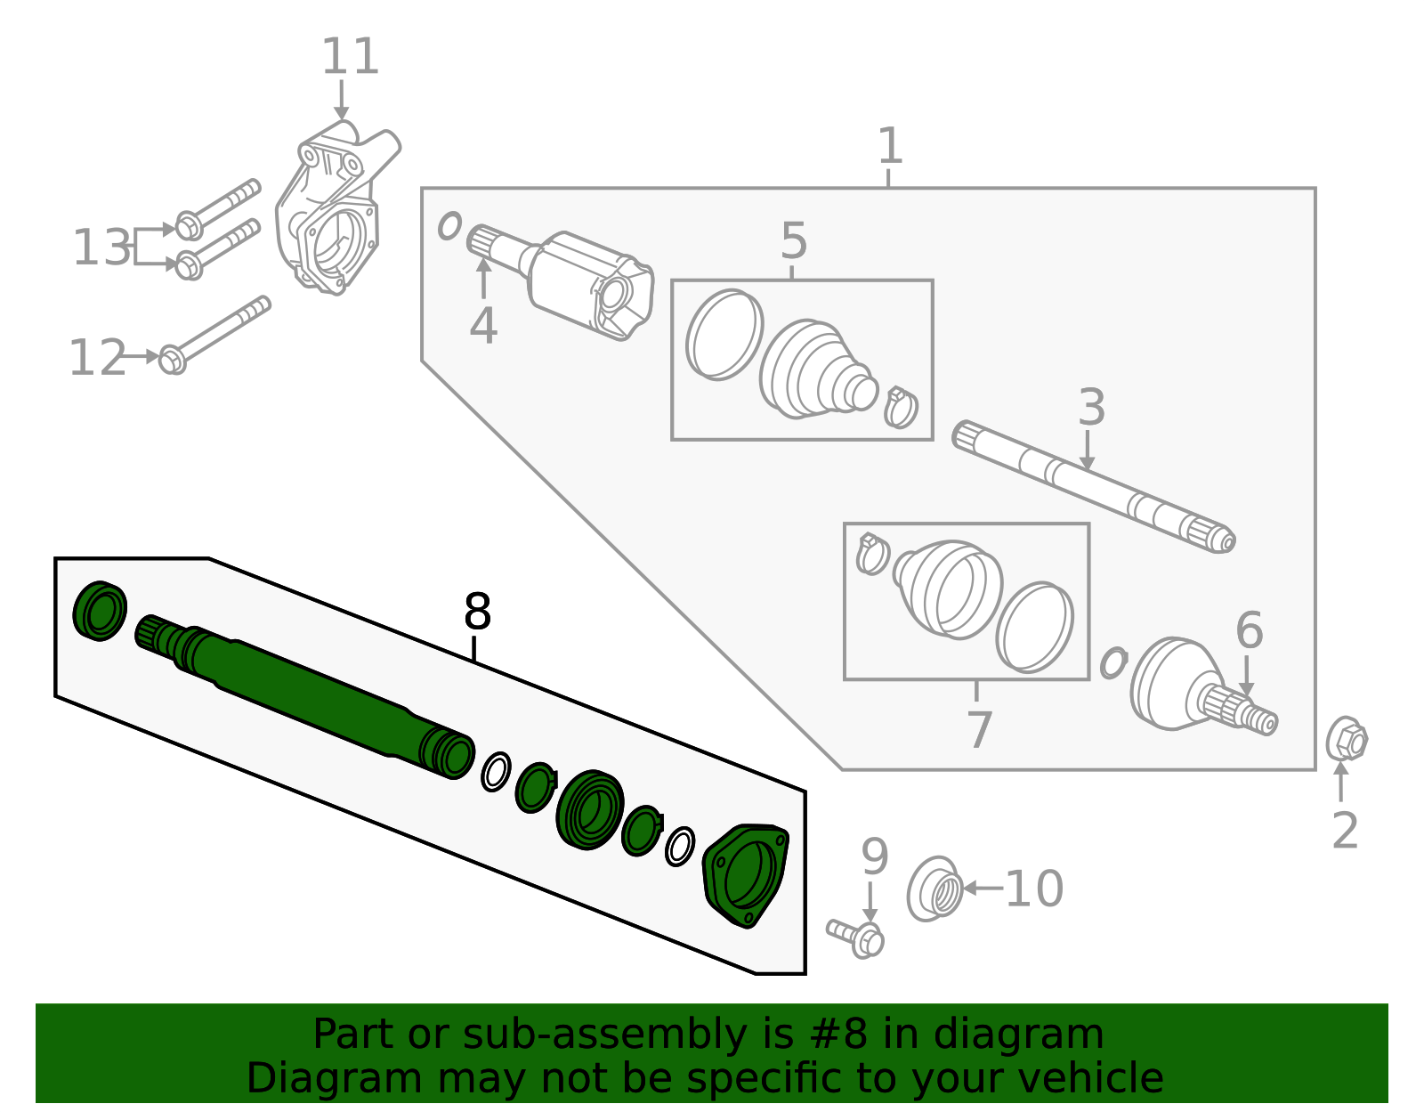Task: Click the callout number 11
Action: pyautogui.click(x=350, y=57)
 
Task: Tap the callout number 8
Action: pyautogui.click(x=477, y=613)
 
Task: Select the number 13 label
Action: pyautogui.click(x=101, y=248)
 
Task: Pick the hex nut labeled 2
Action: pyautogui.click(x=1346, y=740)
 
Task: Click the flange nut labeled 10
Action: pyautogui.click(x=935, y=889)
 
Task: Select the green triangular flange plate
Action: pyautogui.click(x=746, y=875)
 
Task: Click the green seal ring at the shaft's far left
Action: pyautogui.click(x=100, y=610)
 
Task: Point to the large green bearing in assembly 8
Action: pyautogui.click(x=589, y=809)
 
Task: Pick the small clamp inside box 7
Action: pyautogui.click(x=871, y=555)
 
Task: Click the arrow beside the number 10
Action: pyautogui.click(x=983, y=888)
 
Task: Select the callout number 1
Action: pyautogui.click(x=889, y=145)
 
